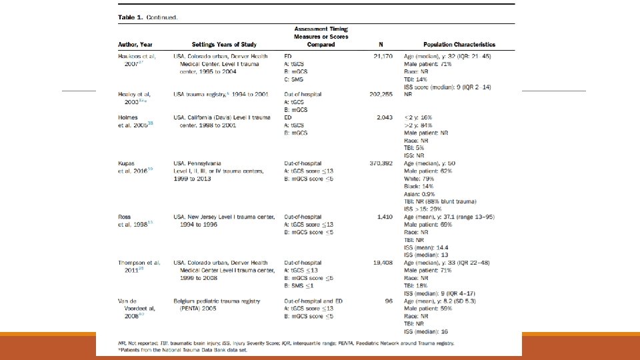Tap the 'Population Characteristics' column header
tap(459, 45)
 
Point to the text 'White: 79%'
tap(420, 178)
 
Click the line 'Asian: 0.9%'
tap(421, 193)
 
